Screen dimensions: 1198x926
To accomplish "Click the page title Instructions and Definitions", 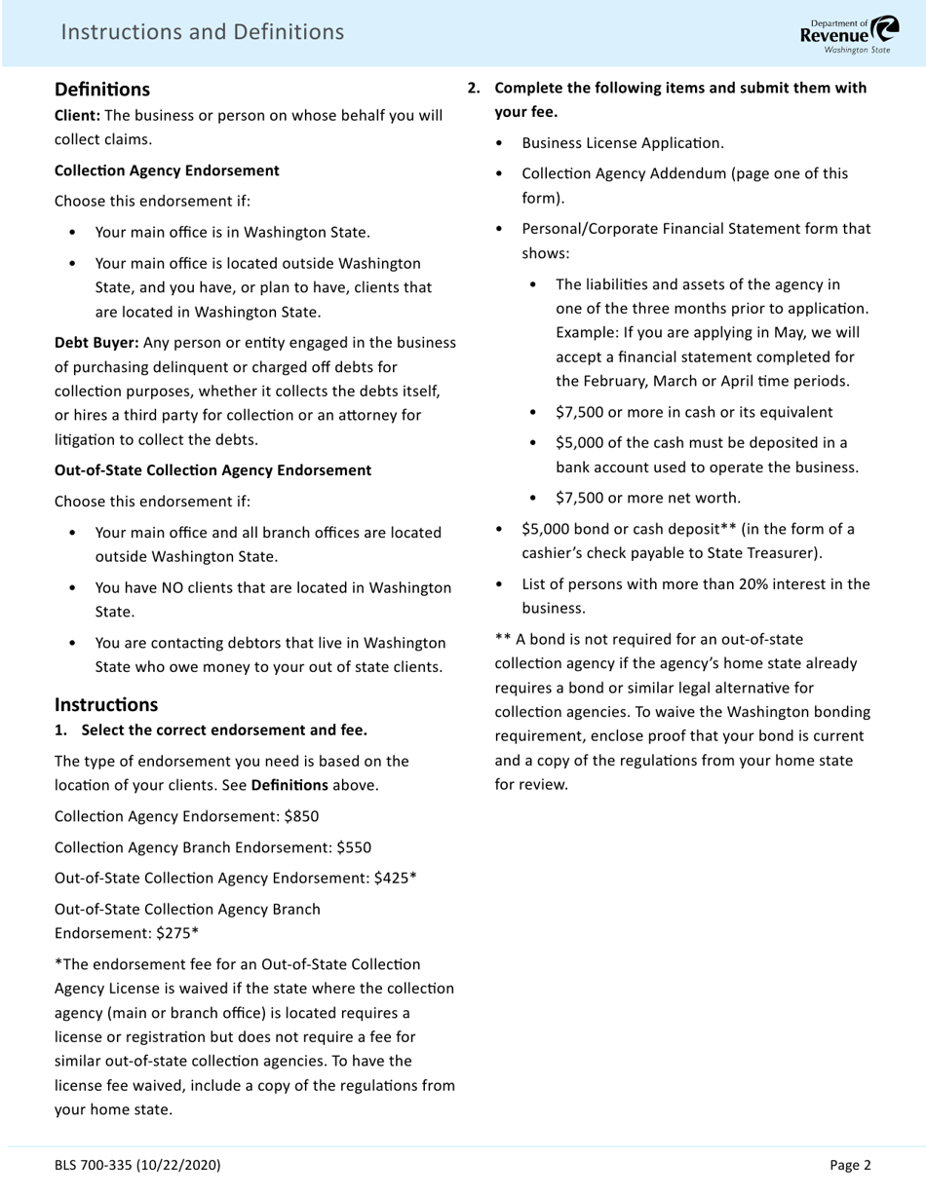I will pos(202,32).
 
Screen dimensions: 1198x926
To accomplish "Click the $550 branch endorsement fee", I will pos(354,847).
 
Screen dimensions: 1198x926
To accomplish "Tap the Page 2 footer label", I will pos(850,1165).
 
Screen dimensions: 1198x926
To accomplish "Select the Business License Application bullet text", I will pos(623,143).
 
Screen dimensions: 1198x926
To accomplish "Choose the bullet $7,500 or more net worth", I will pos(647,498).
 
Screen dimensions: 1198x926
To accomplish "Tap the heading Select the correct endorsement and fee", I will pos(224,730).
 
